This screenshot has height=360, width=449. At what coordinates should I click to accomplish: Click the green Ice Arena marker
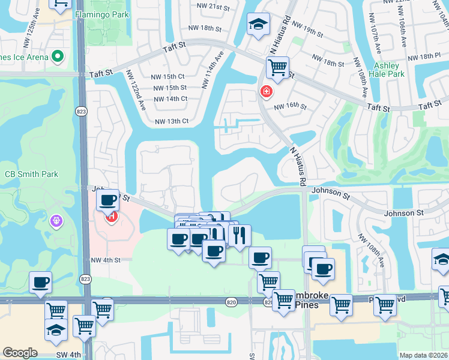(x=58, y=57)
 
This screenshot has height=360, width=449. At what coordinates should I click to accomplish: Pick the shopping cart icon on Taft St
(x=277, y=68)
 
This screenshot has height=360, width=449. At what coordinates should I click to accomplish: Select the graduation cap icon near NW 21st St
(x=258, y=25)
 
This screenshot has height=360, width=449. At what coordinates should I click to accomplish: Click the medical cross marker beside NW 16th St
(x=265, y=92)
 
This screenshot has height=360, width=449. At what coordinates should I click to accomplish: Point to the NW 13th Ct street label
(x=172, y=121)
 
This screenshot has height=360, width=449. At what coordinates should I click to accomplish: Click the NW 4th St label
(x=106, y=260)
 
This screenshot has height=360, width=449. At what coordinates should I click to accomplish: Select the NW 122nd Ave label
(x=136, y=90)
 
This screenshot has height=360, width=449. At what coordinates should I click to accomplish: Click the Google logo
(x=20, y=353)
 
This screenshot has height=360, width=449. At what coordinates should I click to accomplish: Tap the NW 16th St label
(x=291, y=107)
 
